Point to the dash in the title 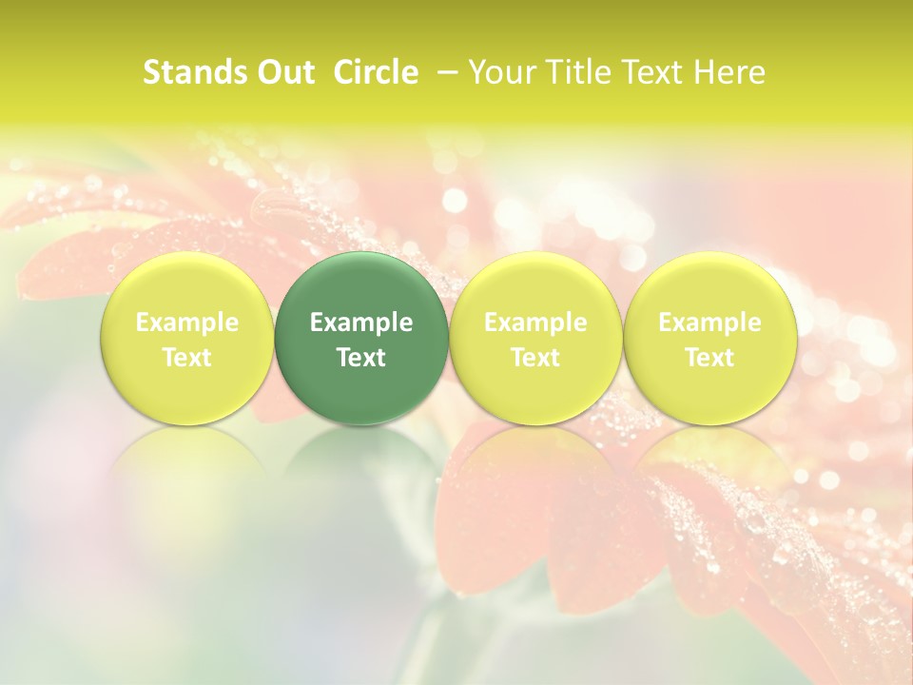[445, 72]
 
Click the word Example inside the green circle [361, 323]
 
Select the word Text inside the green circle [361, 358]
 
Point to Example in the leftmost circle [186, 323]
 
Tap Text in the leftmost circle [186, 358]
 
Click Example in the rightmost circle [709, 323]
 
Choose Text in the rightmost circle [709, 358]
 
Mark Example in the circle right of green [535, 323]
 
